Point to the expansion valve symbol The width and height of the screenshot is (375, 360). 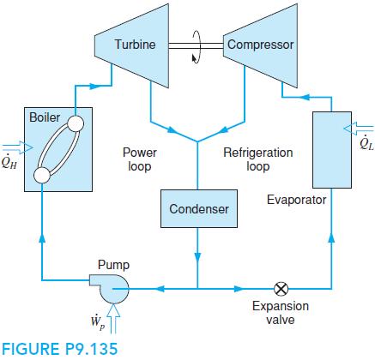pos(280,288)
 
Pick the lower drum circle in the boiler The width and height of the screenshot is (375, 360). pos(41,176)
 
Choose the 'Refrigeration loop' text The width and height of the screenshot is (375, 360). pos(257,159)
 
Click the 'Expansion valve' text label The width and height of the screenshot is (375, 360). pos(280,313)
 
